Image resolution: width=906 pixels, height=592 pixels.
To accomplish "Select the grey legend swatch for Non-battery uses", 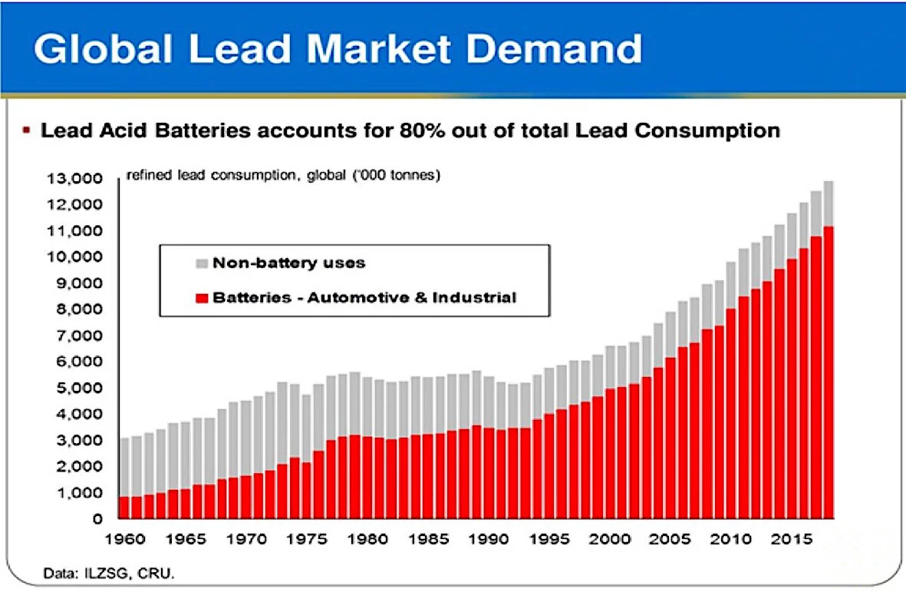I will (202, 263).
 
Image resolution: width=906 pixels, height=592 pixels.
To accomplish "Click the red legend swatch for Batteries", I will (202, 297).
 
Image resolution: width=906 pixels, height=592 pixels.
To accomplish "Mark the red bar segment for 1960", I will (124, 508).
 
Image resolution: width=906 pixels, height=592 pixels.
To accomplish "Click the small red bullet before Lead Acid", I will (26, 131).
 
